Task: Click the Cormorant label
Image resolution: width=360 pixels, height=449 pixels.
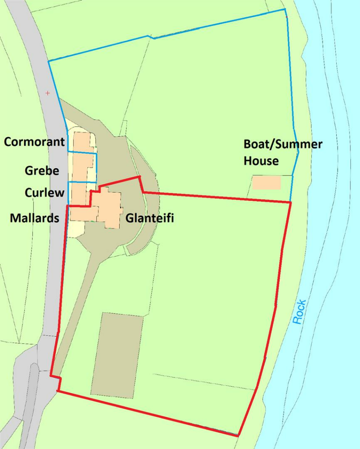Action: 34,142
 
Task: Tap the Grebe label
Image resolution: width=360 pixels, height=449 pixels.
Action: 42,171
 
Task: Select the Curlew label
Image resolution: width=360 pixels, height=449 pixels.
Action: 44,192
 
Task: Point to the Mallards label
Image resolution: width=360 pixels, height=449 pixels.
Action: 34,218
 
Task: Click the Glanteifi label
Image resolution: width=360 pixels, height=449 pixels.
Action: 150,218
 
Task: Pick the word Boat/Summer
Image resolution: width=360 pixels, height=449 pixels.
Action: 283,144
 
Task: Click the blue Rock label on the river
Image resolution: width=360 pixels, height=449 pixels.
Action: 299,312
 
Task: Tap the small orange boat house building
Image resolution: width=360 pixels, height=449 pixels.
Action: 267,183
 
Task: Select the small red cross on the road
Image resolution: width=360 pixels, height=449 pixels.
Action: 48,93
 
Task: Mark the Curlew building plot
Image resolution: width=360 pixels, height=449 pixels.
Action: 79,193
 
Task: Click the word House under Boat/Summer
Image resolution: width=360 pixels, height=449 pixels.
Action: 261,161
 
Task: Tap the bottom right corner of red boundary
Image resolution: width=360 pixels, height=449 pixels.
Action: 238,435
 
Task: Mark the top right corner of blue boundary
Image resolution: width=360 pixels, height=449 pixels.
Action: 285,9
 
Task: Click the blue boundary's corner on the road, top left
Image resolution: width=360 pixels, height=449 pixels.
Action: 48,61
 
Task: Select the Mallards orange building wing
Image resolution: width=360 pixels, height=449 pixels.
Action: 83,214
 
